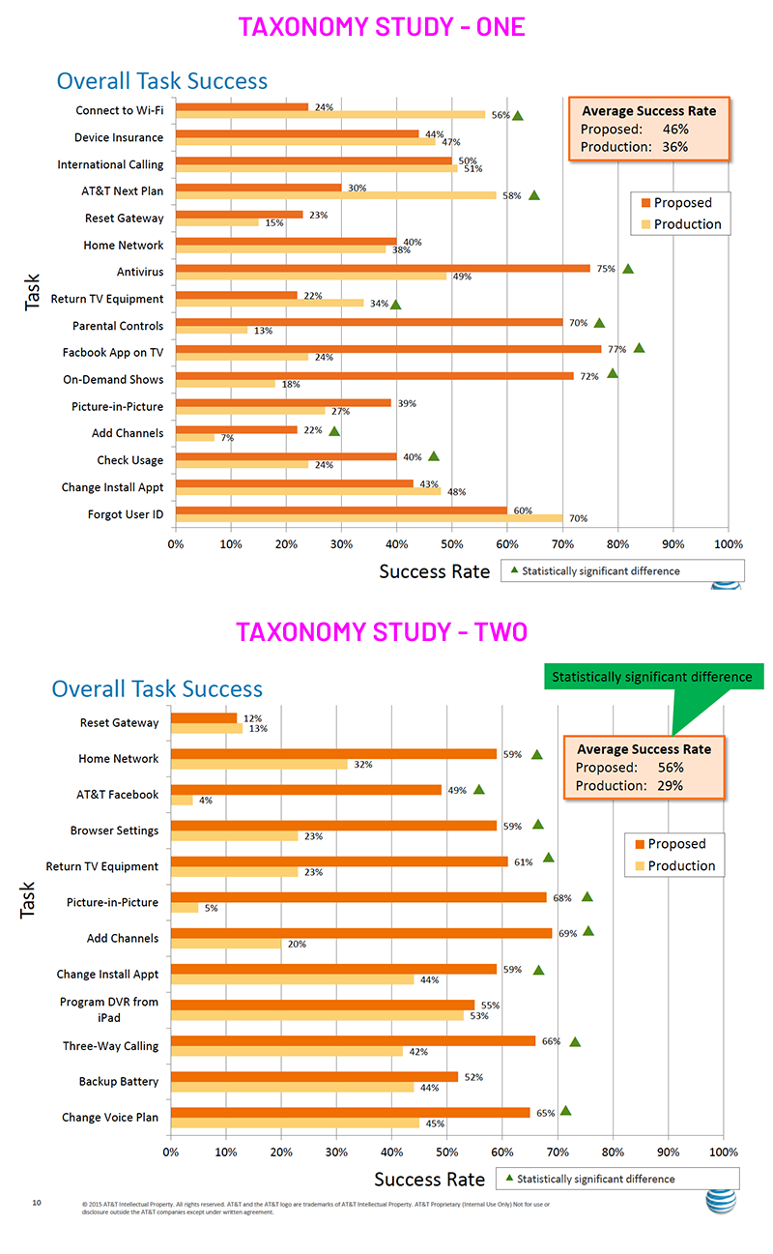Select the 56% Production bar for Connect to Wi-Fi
pos(329,114)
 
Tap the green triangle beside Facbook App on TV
pos(639,348)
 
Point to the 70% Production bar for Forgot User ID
pos(368,518)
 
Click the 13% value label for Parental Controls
pos(263,331)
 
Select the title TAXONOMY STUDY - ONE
pos(382,26)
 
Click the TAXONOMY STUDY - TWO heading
pos(382,631)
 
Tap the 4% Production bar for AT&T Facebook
pos(182,801)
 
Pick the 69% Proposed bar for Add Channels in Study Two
pos(361,933)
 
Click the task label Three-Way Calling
pos(110,1045)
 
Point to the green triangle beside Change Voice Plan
pos(565,1111)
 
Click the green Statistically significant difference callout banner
pos(652,677)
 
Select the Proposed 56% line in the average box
pos(630,768)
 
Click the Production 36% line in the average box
pos(634,147)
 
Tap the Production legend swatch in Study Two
pos(637,865)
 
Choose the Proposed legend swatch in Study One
pos(644,203)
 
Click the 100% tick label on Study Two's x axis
pos(724,1152)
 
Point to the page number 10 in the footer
pos(37,1203)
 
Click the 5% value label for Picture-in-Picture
pos(211,908)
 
